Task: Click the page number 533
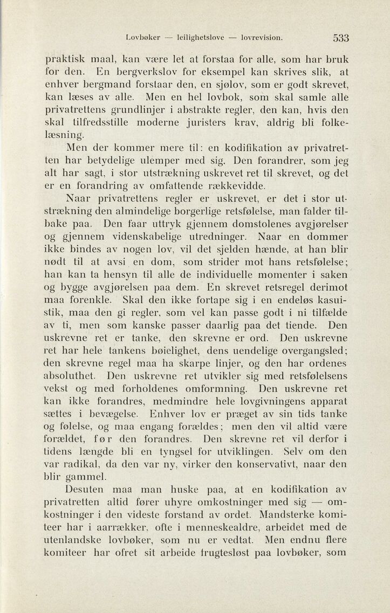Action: [x=341, y=38]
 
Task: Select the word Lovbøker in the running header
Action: [x=143, y=38]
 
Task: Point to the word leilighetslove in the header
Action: [x=199, y=38]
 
